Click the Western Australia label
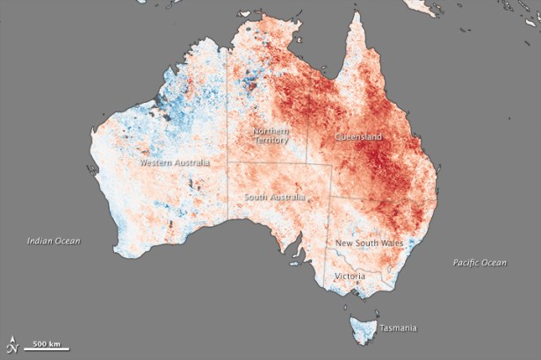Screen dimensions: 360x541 [x=175, y=162]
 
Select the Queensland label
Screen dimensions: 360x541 [x=360, y=138]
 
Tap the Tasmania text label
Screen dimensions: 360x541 [x=398, y=328]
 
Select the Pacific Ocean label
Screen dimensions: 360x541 [x=480, y=263]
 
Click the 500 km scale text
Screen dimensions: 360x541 [x=47, y=342]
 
